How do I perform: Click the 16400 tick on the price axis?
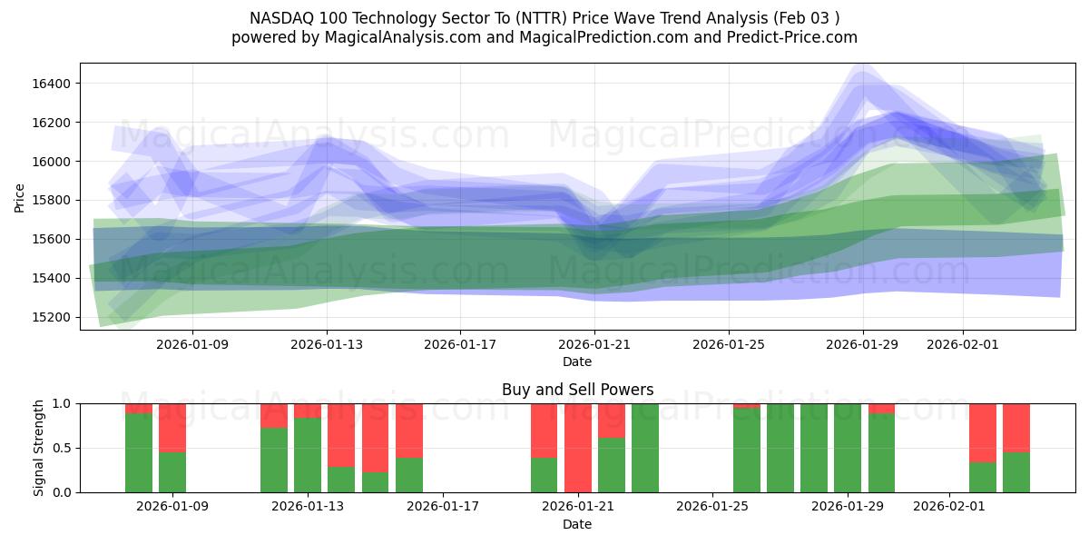pyautogui.click(x=52, y=84)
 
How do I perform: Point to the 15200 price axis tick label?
pyautogui.click(x=52, y=317)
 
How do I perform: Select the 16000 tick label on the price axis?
pyautogui.click(x=52, y=162)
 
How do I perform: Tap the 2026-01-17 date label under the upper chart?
pyautogui.click(x=460, y=344)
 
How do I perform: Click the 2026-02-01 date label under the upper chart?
pyautogui.click(x=963, y=344)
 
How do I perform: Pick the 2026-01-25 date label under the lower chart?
pyautogui.click(x=712, y=507)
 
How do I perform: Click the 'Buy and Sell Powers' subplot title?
pyautogui.click(x=577, y=390)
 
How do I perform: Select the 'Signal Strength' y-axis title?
pyautogui.click(x=38, y=448)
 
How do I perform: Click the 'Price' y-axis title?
pyautogui.click(x=20, y=197)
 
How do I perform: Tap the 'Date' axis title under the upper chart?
pyautogui.click(x=577, y=362)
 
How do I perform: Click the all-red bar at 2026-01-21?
pyautogui.click(x=578, y=448)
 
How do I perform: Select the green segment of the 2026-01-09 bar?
pyautogui.click(x=172, y=472)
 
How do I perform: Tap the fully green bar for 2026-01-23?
pyautogui.click(x=645, y=448)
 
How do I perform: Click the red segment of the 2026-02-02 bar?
pyautogui.click(x=983, y=432)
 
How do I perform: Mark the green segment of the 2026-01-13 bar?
pyautogui.click(x=308, y=455)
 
